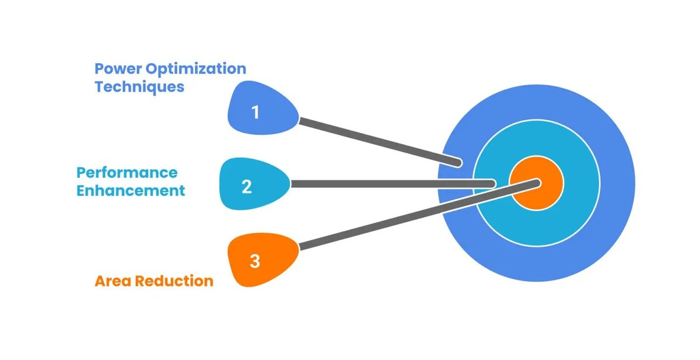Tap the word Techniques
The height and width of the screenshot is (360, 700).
[x=139, y=87]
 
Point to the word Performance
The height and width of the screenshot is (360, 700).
[x=127, y=173]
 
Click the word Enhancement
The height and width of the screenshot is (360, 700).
[x=131, y=190]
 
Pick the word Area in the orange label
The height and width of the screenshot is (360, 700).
[x=113, y=281]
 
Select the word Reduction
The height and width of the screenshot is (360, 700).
[x=174, y=281]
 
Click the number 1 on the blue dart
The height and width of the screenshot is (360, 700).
[x=255, y=111]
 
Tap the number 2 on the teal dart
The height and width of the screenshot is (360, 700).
[x=247, y=187]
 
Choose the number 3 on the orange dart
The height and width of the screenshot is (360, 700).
[x=255, y=261]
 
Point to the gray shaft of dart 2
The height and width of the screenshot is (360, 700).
[x=391, y=184]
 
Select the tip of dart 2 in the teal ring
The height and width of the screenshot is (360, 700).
[x=492, y=184]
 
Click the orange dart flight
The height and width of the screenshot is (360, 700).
[x=262, y=260]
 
